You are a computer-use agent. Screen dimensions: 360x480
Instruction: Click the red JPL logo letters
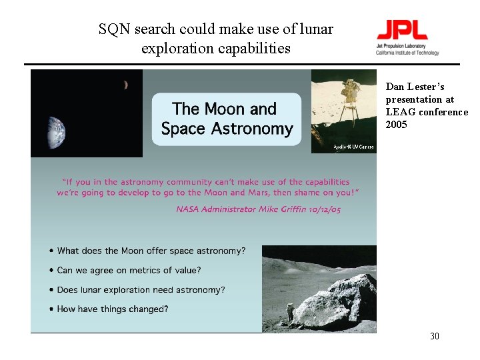[402, 29]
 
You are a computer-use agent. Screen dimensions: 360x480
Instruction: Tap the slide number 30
[435, 336]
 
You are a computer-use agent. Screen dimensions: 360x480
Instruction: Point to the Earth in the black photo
[57, 132]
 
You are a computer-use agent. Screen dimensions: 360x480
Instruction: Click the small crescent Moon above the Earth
[125, 85]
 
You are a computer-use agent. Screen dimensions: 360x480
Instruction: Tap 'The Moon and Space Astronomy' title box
[227, 119]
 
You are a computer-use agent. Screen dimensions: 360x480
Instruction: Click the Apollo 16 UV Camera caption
[353, 147]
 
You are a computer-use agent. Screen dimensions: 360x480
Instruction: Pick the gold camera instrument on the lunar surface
[349, 97]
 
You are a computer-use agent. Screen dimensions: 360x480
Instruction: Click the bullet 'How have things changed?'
[112, 309]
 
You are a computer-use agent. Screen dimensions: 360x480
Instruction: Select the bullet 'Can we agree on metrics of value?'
[129, 270]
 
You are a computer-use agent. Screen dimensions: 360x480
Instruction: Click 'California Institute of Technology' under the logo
[407, 53]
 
